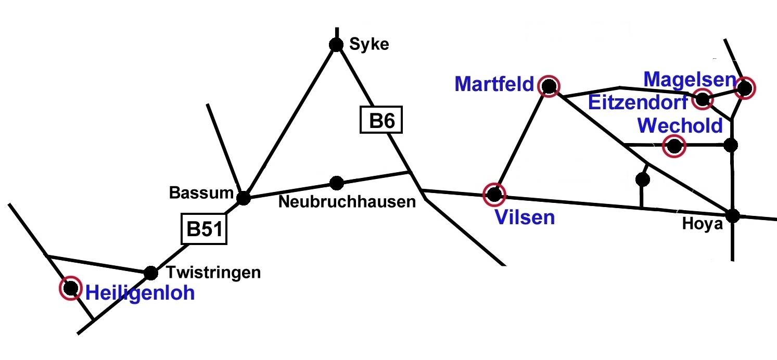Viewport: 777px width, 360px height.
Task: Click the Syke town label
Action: pos(369,45)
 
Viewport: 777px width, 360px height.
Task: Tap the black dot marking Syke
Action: pos(336,44)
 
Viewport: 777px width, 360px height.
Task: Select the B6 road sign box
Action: pos(381,121)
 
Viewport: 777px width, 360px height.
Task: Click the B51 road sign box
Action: pos(204,229)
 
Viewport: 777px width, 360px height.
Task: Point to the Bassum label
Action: pos(200,193)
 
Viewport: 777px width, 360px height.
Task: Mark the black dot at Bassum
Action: pos(243,198)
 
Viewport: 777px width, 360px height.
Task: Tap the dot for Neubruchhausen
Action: pos(336,183)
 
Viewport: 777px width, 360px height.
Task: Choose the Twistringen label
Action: pos(213,273)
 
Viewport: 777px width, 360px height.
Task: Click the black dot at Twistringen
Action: pos(150,272)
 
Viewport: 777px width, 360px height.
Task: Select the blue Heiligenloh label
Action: pos(139,293)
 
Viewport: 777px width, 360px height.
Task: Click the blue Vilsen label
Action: pos(525,217)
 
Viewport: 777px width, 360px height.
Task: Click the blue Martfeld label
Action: pos(494,84)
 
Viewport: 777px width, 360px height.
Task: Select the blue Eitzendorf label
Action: pos(638,102)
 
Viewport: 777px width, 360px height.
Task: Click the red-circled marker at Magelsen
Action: pos(744,88)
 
